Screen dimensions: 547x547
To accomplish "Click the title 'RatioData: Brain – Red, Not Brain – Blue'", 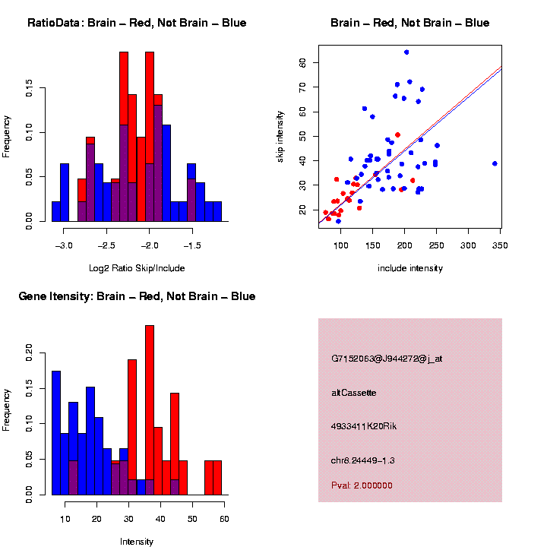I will (x=137, y=23).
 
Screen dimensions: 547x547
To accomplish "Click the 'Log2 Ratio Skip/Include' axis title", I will (x=137, y=268).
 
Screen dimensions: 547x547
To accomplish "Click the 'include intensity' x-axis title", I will (x=410, y=268).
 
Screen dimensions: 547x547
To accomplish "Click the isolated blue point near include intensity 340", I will (x=495, y=163).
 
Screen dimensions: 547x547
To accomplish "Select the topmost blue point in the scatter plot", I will (x=406, y=52).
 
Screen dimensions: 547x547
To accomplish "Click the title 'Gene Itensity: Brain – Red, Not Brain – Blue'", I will (x=137, y=296).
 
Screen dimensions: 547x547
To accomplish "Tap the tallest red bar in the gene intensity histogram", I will (x=150, y=410).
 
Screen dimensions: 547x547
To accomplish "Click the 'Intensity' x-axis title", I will (x=137, y=542).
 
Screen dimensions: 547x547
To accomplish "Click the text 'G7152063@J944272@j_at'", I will (x=387, y=359).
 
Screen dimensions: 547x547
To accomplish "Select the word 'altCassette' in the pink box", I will (x=354, y=393).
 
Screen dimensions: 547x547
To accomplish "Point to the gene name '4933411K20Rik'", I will (x=364, y=426).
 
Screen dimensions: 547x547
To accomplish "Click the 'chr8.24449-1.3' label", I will (x=363, y=460).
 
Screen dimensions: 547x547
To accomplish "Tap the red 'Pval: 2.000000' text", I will (x=362, y=485).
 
